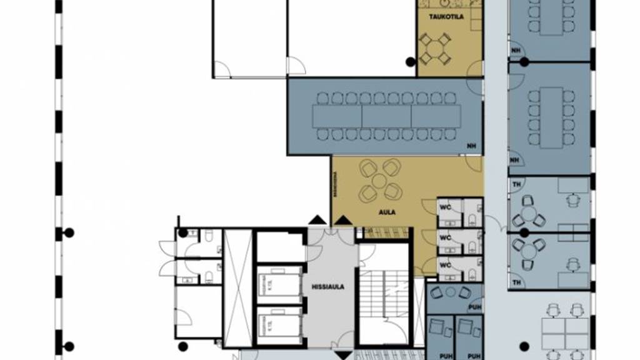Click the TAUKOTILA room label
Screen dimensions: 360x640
(x=446, y=17)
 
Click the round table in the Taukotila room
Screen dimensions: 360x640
(x=435, y=49)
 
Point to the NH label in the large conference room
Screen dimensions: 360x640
(x=471, y=146)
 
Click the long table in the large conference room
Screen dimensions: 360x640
(x=387, y=116)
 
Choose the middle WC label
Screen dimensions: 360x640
(x=445, y=237)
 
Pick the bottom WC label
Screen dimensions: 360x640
(x=445, y=265)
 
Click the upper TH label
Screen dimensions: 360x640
(x=516, y=185)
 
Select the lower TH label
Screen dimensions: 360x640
(x=516, y=282)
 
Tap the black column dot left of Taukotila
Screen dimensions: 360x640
(x=410, y=61)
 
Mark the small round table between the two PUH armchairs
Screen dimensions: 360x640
(x=451, y=291)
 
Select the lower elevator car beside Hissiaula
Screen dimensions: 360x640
(x=279, y=325)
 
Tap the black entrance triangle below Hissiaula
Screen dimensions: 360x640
(x=343, y=355)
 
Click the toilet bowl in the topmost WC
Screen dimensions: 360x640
(x=470, y=217)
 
